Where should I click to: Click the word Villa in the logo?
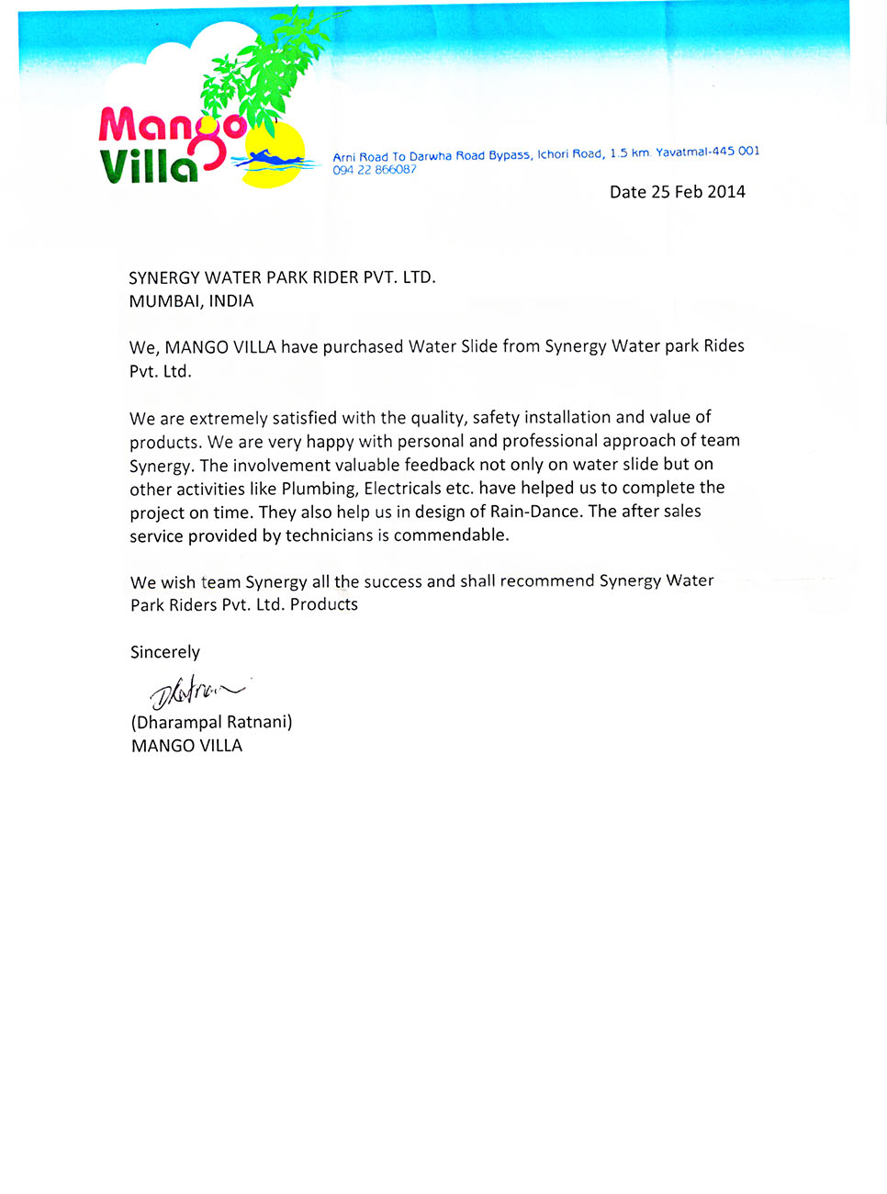coord(148,166)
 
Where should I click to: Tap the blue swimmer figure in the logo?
coord(269,160)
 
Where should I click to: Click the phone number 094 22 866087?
coord(374,170)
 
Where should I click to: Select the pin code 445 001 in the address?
coord(735,152)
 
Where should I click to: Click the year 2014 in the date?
coord(726,192)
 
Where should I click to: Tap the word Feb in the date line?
coord(690,192)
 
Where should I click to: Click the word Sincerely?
coord(165,652)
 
